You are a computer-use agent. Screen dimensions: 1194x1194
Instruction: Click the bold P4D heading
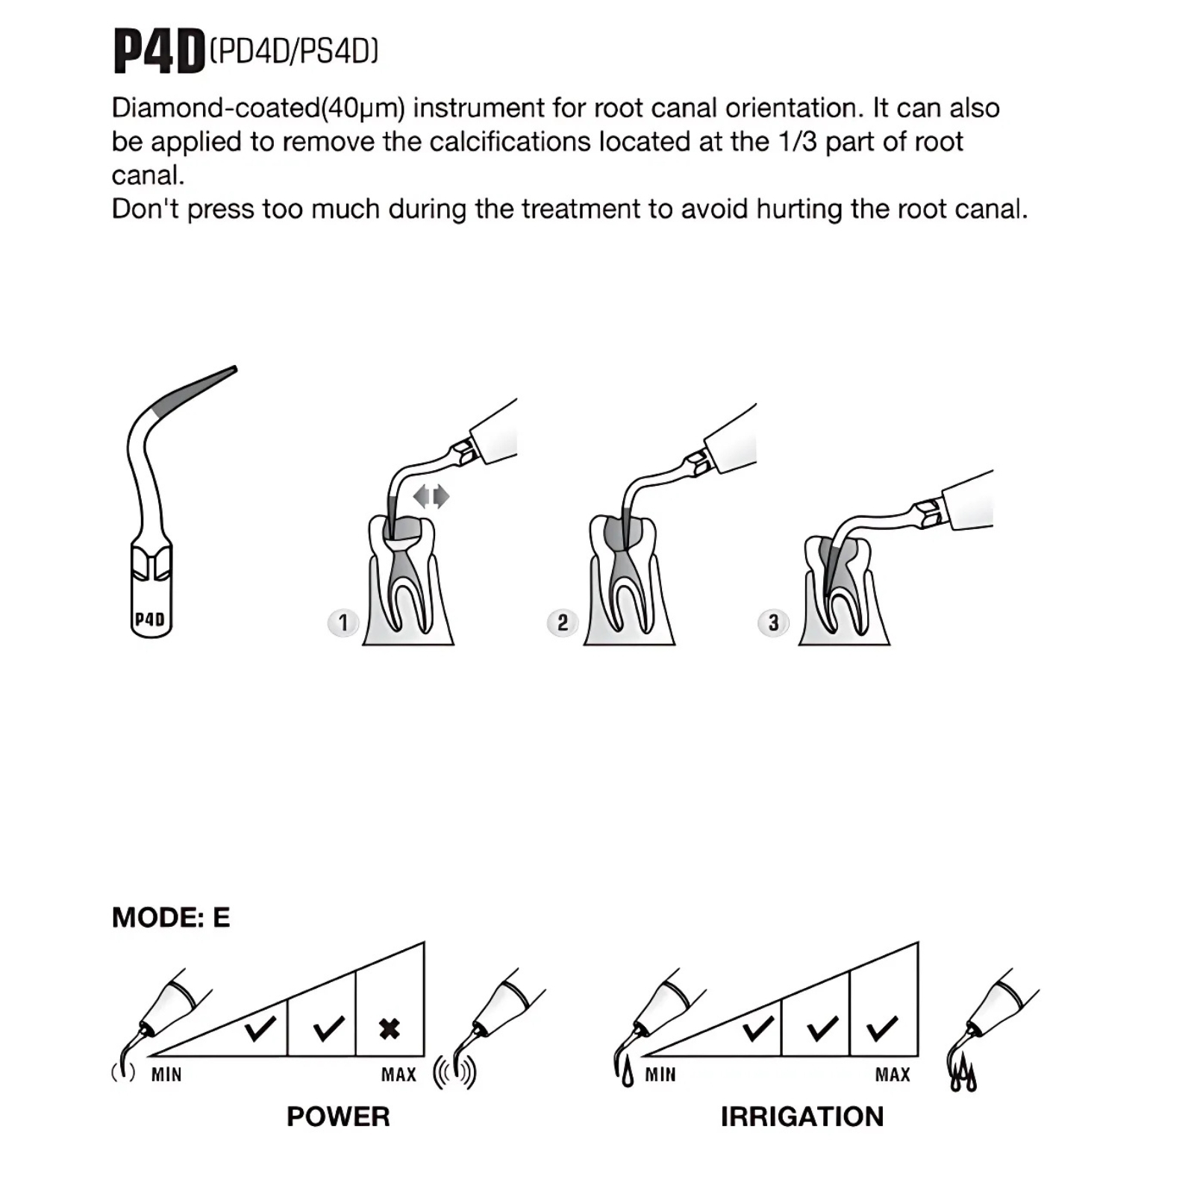(159, 51)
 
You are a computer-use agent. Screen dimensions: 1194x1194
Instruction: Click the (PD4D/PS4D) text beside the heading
(294, 51)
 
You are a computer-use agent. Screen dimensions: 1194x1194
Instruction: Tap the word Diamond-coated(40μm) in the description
(258, 108)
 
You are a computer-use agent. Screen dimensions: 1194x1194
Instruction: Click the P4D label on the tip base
(150, 619)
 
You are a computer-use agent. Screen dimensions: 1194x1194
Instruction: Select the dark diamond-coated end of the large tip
(194, 388)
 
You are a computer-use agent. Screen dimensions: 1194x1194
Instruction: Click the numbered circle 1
(343, 622)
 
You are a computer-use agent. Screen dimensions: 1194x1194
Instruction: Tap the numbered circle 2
(563, 622)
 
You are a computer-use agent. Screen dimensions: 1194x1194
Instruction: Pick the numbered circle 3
(773, 622)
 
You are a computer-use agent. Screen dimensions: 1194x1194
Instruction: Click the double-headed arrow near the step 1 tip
(431, 496)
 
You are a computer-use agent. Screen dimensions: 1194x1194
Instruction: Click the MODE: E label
(171, 917)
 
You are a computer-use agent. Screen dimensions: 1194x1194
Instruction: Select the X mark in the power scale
(390, 1029)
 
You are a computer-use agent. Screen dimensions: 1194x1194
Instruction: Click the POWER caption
(338, 1116)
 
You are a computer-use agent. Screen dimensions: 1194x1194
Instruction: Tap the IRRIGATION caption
(802, 1116)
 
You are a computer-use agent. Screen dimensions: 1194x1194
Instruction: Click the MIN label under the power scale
(166, 1075)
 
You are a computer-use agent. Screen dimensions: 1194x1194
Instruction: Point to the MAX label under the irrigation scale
(893, 1075)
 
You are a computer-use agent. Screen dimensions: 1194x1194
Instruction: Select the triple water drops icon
(963, 1075)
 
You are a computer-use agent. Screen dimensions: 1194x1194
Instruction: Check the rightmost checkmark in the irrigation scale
(883, 1028)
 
